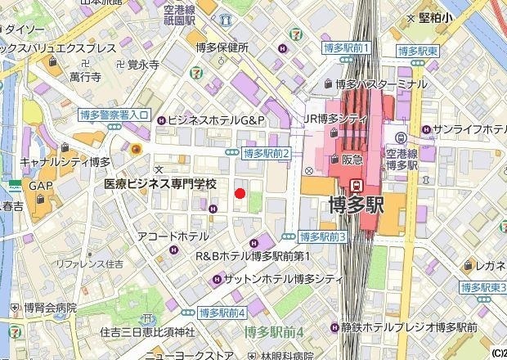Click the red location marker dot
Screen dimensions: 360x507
click(240, 193)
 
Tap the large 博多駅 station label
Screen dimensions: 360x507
click(356, 205)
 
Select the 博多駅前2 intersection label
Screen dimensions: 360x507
click(267, 153)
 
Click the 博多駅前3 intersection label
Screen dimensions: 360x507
click(324, 236)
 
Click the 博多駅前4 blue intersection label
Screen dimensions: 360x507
click(222, 313)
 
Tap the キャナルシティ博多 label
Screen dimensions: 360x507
click(65, 162)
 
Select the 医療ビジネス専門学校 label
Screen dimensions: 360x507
click(160, 185)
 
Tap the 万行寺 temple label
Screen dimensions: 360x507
click(85, 78)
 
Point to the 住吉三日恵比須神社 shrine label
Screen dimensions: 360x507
click(147, 332)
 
